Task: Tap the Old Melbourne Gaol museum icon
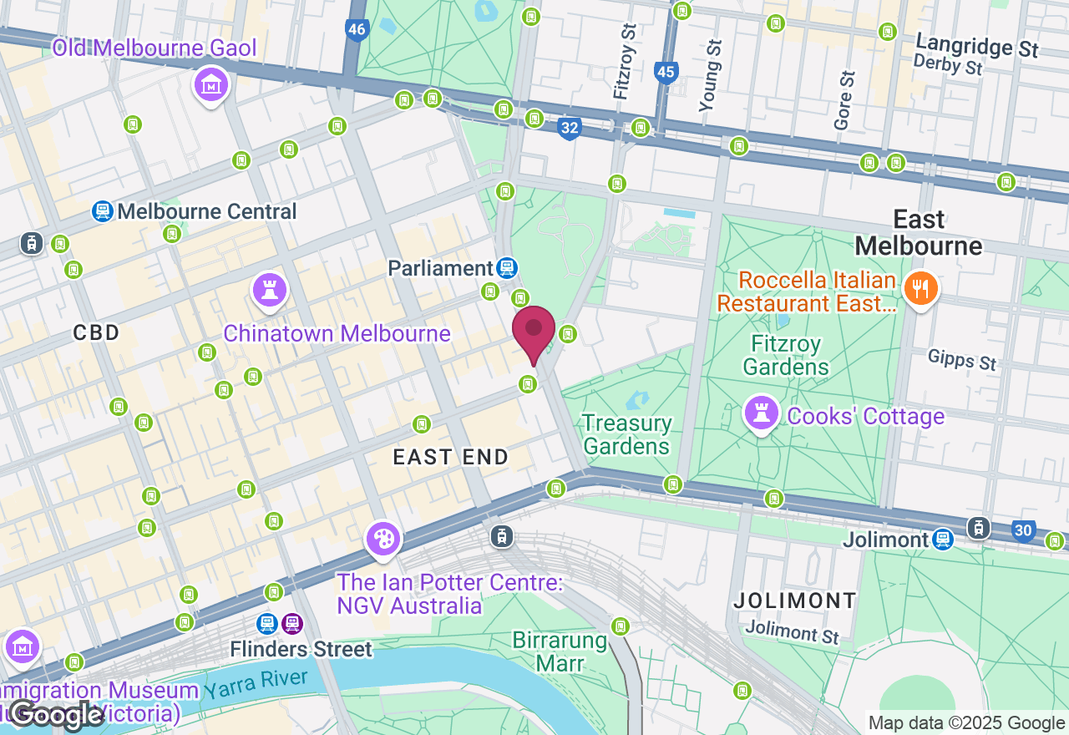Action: pyautogui.click(x=212, y=85)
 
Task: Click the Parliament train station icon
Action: pyautogui.click(x=506, y=268)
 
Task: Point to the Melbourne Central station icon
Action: pyautogui.click(x=103, y=211)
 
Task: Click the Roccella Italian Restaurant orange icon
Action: pyautogui.click(x=920, y=290)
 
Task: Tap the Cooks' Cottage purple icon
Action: pyautogui.click(x=761, y=413)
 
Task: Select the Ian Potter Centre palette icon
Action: pyautogui.click(x=384, y=540)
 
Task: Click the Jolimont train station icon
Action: pyautogui.click(x=943, y=540)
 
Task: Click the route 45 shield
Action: pyautogui.click(x=666, y=72)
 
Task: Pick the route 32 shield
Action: pyautogui.click(x=569, y=128)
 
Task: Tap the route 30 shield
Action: pyautogui.click(x=1024, y=530)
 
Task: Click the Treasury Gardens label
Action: pyautogui.click(x=626, y=434)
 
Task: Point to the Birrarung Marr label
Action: pyautogui.click(x=560, y=652)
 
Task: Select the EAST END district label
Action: pyautogui.click(x=451, y=457)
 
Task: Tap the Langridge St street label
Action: pyautogui.click(x=977, y=45)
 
